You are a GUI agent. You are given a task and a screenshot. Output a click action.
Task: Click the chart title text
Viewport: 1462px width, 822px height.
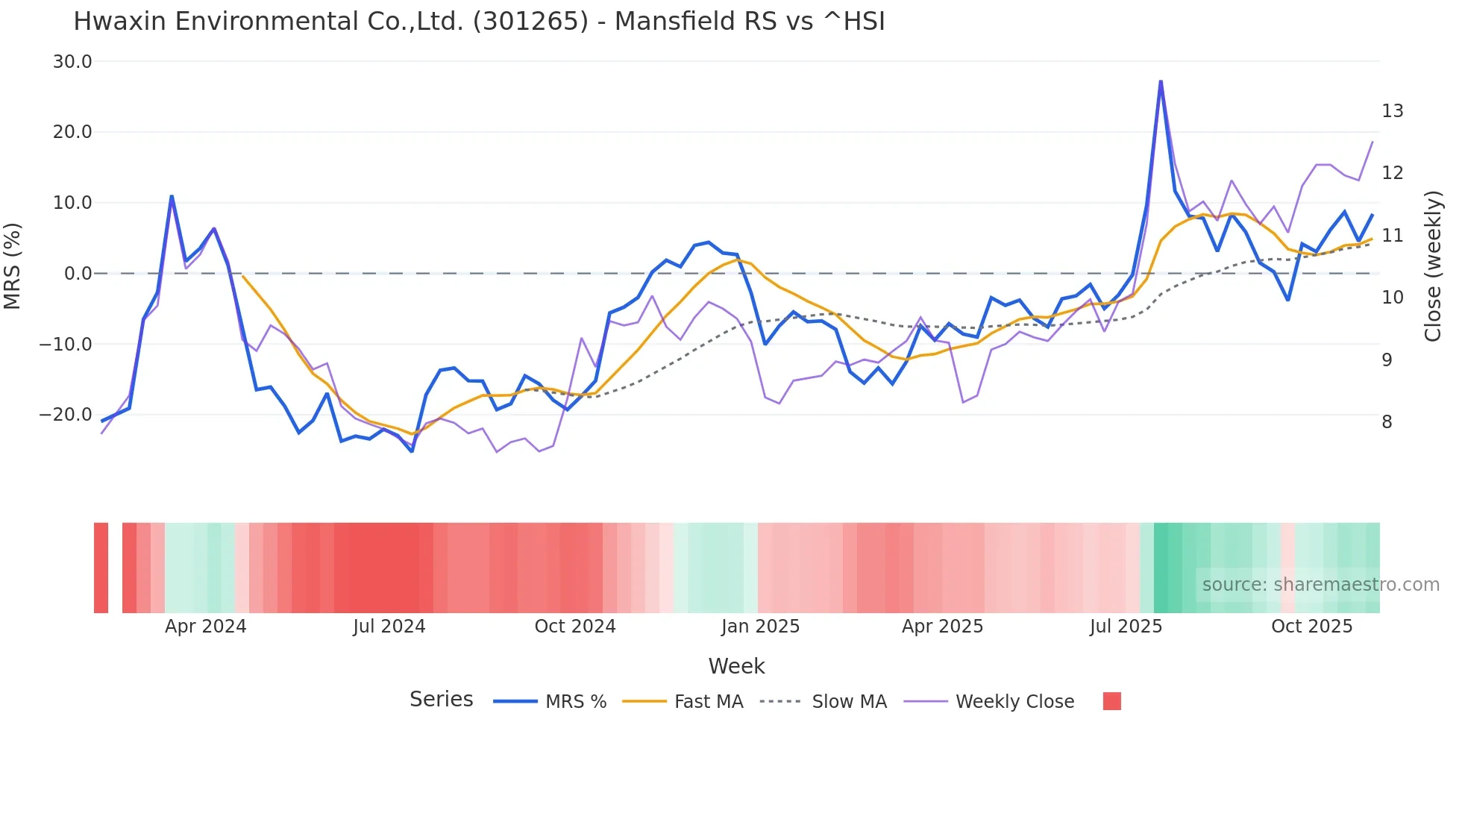pos(479,21)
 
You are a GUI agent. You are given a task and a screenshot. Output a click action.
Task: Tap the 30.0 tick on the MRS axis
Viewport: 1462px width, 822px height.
pos(72,62)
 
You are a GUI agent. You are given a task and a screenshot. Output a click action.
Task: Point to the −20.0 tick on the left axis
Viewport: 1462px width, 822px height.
pos(66,415)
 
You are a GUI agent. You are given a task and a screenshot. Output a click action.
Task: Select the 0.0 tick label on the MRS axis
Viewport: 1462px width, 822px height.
pos(78,274)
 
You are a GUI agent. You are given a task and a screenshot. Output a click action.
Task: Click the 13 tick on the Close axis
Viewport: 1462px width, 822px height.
pos(1392,111)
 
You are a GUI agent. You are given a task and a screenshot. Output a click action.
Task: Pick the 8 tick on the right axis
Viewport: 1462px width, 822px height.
pos(1387,422)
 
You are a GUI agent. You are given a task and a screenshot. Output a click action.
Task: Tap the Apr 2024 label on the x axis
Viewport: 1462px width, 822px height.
pos(205,627)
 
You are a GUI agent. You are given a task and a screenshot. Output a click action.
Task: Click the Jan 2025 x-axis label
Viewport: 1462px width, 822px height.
pos(760,627)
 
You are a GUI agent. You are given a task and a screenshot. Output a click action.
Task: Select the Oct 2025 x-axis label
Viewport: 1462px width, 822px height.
pos(1311,627)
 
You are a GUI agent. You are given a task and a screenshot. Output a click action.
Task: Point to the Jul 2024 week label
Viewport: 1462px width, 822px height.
pos(389,627)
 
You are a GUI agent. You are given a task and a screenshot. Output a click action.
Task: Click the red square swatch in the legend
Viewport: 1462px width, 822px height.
pos(1111,701)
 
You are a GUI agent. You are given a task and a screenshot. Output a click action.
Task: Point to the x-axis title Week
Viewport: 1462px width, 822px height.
pos(736,666)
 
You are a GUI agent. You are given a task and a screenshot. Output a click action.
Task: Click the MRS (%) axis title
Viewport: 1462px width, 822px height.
pos(12,266)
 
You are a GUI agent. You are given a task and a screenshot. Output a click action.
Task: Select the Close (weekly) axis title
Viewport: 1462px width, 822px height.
pos(1433,266)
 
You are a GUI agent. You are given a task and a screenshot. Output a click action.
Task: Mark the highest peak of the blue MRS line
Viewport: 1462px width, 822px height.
pos(1161,81)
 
